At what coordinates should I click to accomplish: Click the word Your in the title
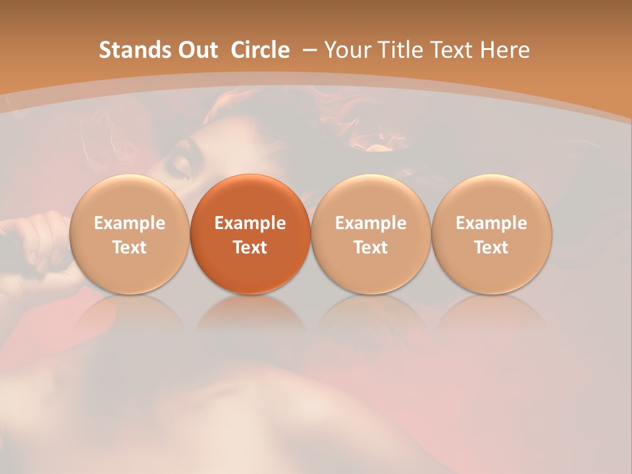(x=346, y=50)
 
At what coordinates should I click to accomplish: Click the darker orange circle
(x=250, y=234)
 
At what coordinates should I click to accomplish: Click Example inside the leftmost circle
(x=129, y=223)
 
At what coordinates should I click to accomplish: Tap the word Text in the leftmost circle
(x=129, y=248)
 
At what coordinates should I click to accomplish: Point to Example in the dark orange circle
(x=250, y=223)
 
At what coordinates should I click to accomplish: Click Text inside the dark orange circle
(x=250, y=248)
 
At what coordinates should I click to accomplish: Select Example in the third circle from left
(x=371, y=223)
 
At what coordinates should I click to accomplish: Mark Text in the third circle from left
(x=371, y=248)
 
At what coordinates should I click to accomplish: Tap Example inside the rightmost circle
(x=491, y=223)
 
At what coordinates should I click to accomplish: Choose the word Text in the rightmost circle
(x=491, y=248)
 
